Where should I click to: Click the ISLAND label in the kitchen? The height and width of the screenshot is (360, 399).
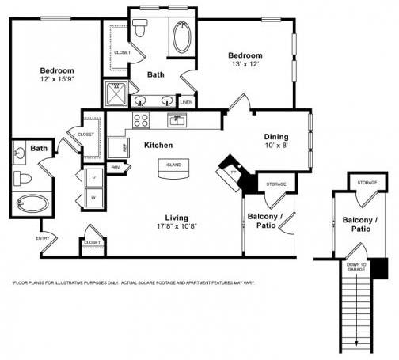pyautogui.click(x=173, y=165)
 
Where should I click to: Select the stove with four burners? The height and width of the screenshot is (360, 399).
pyautogui.click(x=142, y=120)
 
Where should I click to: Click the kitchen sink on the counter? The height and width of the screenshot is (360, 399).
pyautogui.click(x=177, y=119)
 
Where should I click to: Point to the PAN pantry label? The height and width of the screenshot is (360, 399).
pyautogui.click(x=116, y=167)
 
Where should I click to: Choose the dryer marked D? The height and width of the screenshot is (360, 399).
pyautogui.click(x=93, y=177)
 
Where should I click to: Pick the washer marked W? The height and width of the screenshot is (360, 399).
pyautogui.click(x=93, y=198)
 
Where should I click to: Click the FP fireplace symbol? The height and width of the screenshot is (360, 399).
pyautogui.click(x=233, y=172)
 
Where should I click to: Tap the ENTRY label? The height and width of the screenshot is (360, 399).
pyautogui.click(x=43, y=237)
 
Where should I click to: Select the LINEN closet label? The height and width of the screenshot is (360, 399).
pyautogui.click(x=187, y=102)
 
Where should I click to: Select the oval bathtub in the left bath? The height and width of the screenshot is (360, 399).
pyautogui.click(x=32, y=203)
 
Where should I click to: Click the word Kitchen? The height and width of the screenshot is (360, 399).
pyautogui.click(x=158, y=146)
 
